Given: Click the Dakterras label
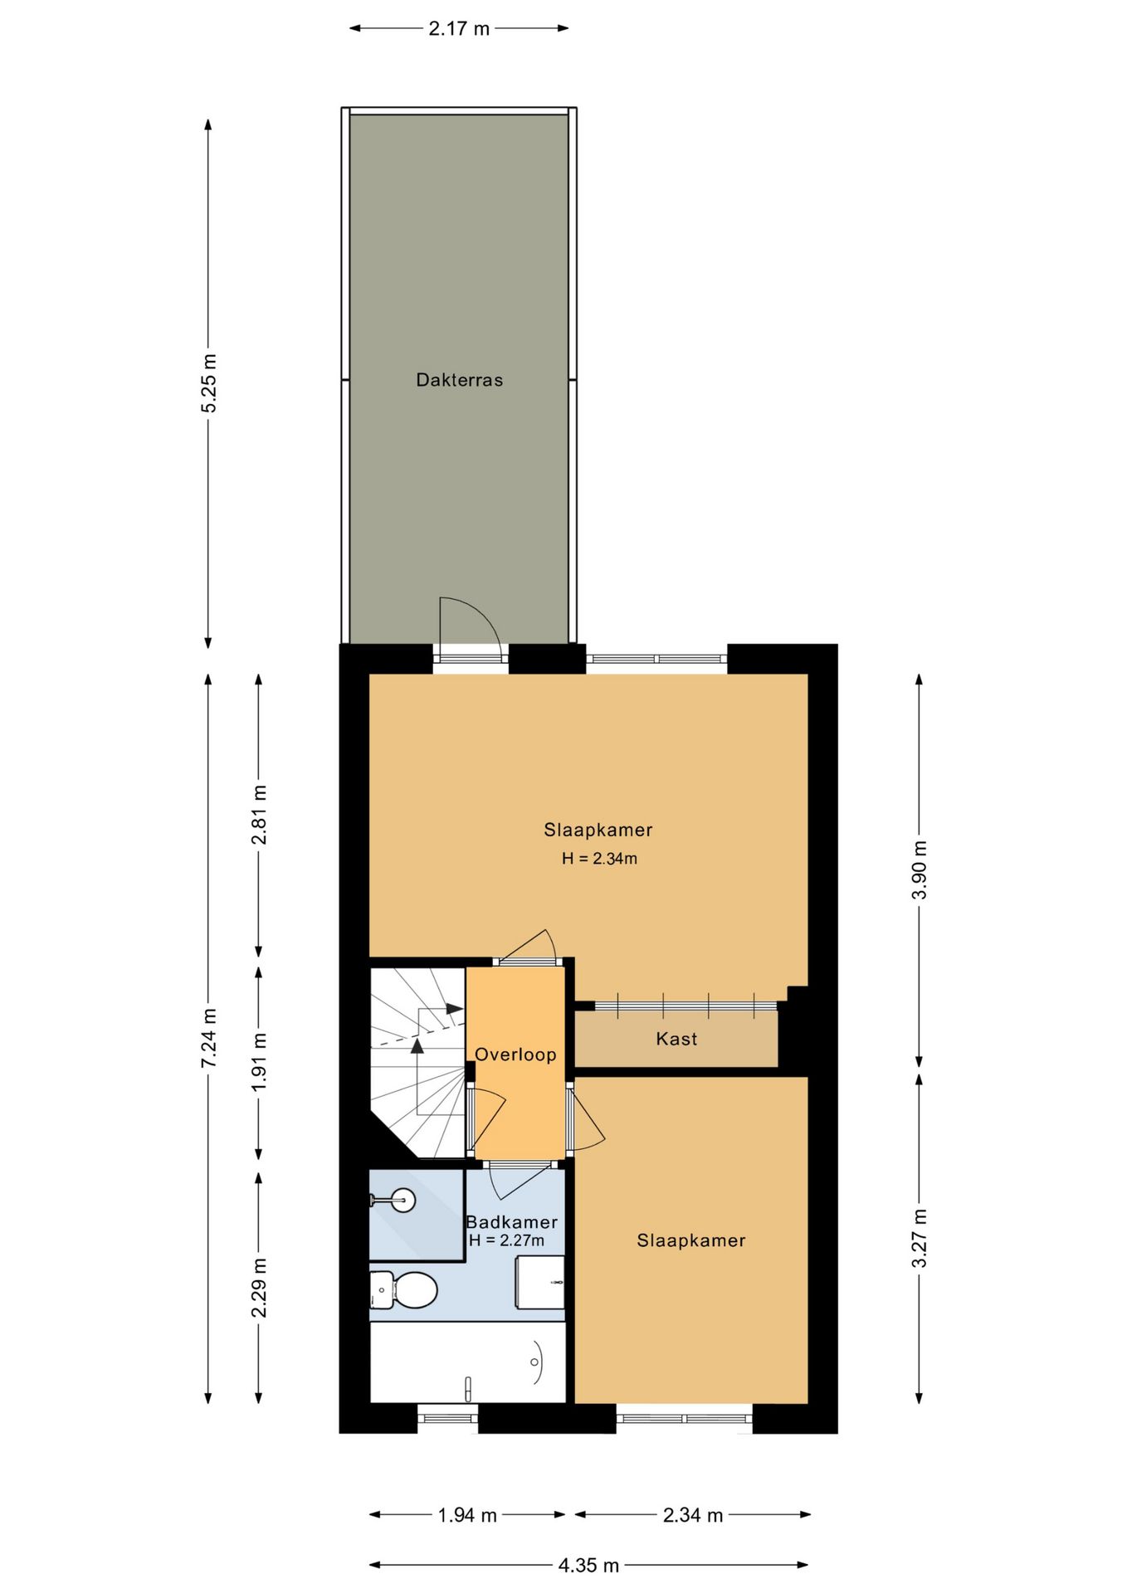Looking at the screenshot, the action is coord(459,380).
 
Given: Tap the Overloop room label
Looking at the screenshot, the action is coord(515,1055).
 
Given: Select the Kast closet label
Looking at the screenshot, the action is coord(676,1039).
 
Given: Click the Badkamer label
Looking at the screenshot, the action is coord(512,1222).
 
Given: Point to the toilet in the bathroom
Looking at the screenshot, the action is coord(403,1290).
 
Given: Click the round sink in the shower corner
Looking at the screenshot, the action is coord(403,1200).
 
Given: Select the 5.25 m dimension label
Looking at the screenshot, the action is coord(208,383).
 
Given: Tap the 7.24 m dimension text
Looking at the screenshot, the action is coord(208,1039).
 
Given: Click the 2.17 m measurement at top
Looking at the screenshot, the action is coord(459,29).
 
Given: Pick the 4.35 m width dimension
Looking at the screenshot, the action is coord(588,1566).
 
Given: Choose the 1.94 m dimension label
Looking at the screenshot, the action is coord(467,1516).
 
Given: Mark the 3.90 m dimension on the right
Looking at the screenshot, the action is coord(920,870).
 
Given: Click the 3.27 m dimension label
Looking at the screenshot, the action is coord(920,1239).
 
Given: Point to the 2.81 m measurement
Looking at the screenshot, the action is coord(259,815).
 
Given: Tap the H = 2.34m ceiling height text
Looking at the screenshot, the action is coord(599,859).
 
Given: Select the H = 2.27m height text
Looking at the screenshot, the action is coord(506,1240).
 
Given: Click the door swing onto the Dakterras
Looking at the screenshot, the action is coord(470,626).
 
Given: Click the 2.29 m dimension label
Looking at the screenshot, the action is coord(259,1288).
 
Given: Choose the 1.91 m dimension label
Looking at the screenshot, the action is coord(259,1062).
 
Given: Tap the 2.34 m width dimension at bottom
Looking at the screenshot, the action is coord(693,1516).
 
